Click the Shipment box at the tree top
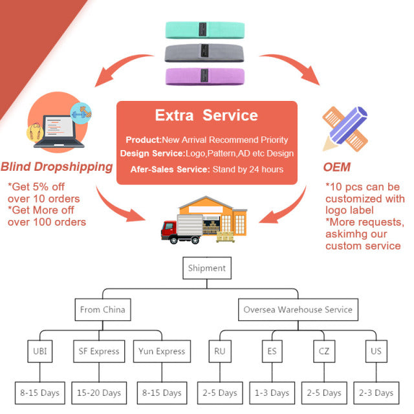pos(206,268)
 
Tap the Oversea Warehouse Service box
pos(298,310)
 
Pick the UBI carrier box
pos(39,351)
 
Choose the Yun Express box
pos(161,351)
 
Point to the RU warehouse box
pos(219,351)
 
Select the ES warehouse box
pos(271,351)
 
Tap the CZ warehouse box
pos(323,351)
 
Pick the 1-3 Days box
pos(271,393)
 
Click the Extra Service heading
pos(206,116)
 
